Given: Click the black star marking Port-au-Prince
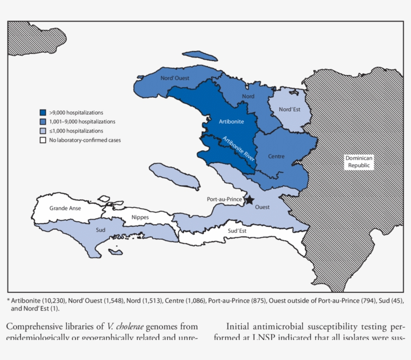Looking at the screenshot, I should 249,200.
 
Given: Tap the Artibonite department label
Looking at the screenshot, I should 231,121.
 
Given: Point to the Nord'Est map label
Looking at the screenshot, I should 289,109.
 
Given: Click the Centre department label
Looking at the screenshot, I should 276,156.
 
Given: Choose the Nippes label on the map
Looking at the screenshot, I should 140,217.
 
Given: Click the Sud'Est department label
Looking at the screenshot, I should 237,231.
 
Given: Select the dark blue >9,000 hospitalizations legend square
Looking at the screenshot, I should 44,113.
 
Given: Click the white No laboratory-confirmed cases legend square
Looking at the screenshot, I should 44,140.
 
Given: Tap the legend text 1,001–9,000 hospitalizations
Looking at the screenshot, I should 82,122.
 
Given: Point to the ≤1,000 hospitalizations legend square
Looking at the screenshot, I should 44,131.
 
